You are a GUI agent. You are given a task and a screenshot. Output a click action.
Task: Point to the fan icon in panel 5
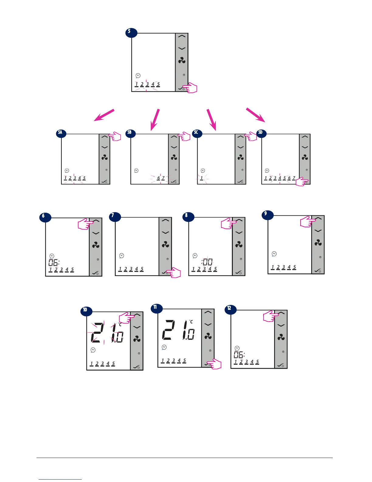point(182,61)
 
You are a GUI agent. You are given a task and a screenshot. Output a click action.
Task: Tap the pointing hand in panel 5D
point(302,182)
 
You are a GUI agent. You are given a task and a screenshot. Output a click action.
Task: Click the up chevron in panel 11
point(208,312)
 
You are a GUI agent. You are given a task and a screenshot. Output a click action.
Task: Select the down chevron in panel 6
point(96,233)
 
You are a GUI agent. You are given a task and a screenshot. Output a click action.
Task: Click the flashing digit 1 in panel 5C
point(201,178)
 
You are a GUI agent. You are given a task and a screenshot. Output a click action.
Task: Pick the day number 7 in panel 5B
point(164,178)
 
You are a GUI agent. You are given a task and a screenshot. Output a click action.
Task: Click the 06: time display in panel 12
point(239,355)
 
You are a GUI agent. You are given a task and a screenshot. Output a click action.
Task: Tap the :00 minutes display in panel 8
point(207,262)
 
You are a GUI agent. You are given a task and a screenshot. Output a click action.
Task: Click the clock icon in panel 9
point(274,253)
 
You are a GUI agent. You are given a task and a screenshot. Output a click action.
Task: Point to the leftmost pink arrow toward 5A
point(104,115)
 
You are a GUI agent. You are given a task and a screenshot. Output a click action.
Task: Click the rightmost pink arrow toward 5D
point(255,115)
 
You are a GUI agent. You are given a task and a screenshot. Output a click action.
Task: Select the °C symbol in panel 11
point(191,322)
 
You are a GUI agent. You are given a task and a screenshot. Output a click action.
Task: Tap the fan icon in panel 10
point(137,339)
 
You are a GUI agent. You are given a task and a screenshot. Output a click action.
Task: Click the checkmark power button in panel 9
point(318,270)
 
